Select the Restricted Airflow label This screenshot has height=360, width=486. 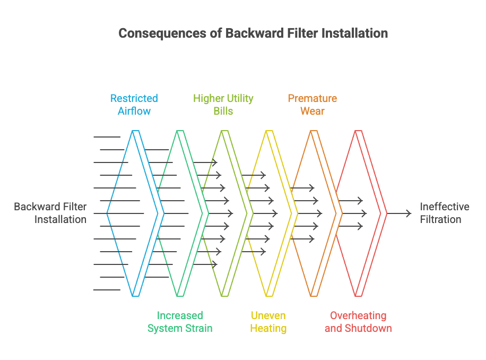tap(134, 105)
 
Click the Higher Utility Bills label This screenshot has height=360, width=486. tap(223, 105)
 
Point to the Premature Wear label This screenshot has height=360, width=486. tap(312, 105)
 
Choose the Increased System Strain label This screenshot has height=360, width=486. tap(179, 322)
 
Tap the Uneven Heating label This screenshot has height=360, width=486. tap(268, 322)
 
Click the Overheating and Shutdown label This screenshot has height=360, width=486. tap(358, 322)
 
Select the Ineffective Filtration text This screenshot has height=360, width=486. tap(445, 213)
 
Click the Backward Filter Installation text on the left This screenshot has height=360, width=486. tap(50, 213)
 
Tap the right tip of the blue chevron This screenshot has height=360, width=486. tap(164, 213)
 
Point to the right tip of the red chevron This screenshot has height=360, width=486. tap(387, 213)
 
